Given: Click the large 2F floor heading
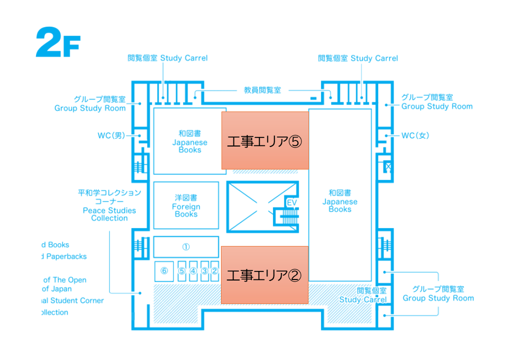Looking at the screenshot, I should click(58, 44).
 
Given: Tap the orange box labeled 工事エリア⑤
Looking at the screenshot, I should click(264, 140).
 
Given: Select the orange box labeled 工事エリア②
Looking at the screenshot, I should click(264, 274).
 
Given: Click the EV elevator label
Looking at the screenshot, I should click(291, 202).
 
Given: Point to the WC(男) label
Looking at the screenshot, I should click(111, 135).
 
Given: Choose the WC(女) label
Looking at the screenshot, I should click(415, 135).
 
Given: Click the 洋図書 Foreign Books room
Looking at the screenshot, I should click(186, 206).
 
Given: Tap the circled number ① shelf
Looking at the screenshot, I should click(186, 247).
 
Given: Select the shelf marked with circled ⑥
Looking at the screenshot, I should click(164, 270).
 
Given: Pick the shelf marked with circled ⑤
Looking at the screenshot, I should click(182, 270).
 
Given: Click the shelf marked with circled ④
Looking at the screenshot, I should click(193, 270).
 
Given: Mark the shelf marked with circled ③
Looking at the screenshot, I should click(204, 270).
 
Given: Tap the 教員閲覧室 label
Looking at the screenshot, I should click(262, 90).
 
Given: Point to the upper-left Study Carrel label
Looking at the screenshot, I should click(167, 58).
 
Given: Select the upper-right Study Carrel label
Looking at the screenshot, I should click(358, 58).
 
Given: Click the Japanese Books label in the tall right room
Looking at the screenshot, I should click(340, 201).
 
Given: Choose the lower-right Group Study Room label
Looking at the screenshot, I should click(438, 293).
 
